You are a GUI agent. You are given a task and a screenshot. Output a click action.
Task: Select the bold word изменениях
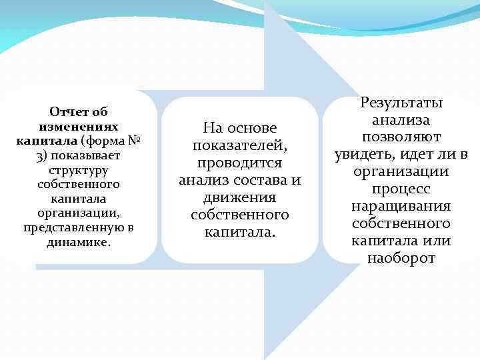79,126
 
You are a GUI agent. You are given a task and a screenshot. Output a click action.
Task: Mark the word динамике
79,243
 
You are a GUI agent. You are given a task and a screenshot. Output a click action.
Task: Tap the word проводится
240,163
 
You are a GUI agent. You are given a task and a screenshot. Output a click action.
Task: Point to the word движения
239,197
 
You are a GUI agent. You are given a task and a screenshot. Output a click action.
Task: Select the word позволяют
401,137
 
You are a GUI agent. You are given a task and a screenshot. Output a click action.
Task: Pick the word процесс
401,189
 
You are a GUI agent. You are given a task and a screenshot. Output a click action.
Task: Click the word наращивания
401,206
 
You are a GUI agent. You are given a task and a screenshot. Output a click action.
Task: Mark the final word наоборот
401,258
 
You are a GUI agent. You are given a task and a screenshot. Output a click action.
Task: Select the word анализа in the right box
401,119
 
